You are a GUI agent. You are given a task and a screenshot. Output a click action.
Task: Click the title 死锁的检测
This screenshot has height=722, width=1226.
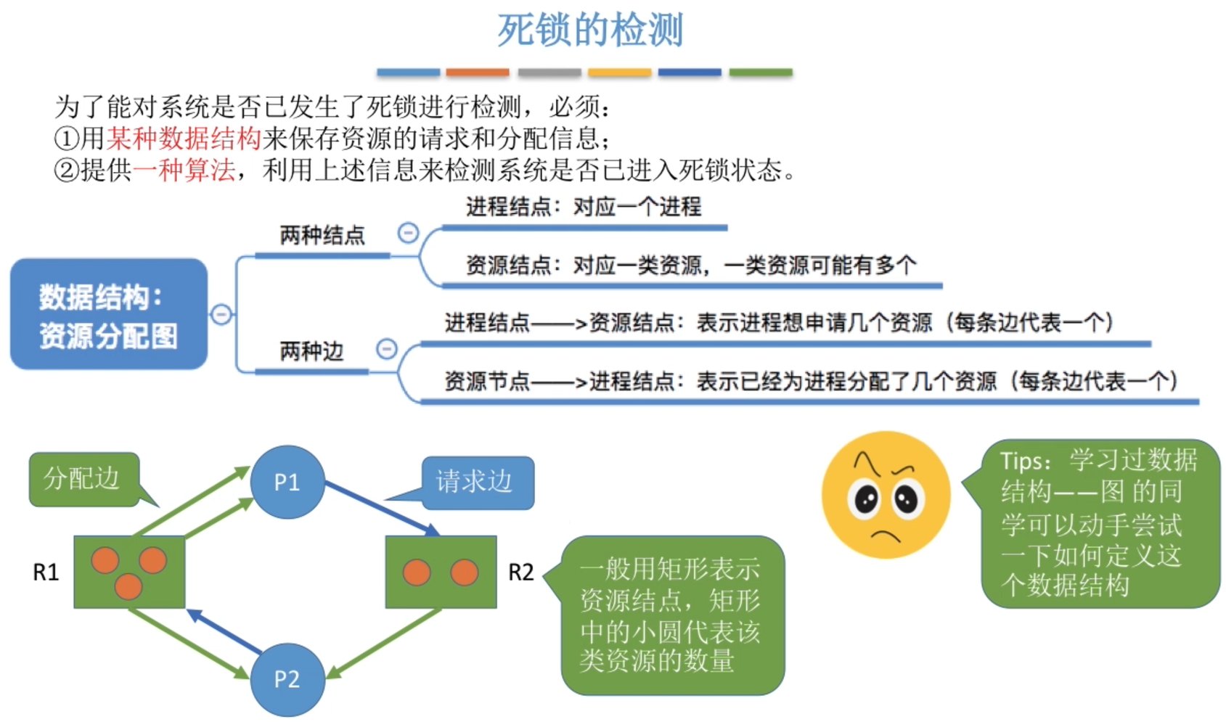point(589,30)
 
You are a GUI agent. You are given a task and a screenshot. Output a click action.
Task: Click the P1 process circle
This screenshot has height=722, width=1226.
point(287,482)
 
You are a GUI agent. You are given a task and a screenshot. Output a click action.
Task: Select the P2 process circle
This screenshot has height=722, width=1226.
point(287,679)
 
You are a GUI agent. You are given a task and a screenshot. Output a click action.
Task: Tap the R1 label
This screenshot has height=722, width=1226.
point(46,572)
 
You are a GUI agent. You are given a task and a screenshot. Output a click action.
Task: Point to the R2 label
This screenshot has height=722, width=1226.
point(520,572)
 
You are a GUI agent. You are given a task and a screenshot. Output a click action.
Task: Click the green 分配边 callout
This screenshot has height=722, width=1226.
point(83,479)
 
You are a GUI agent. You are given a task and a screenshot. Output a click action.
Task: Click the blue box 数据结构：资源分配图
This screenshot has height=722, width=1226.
point(109,314)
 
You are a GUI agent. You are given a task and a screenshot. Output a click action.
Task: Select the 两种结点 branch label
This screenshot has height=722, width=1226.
point(322,235)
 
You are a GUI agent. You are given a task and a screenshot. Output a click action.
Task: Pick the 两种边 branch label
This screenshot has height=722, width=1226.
point(311,351)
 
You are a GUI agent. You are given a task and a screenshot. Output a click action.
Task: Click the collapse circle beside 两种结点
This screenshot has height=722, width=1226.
point(409,233)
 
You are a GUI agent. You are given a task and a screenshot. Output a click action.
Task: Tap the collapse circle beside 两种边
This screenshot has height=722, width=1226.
point(387,349)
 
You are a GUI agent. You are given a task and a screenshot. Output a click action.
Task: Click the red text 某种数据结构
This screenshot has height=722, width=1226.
point(184,138)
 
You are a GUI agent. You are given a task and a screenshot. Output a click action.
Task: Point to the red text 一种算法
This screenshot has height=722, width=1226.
point(184,170)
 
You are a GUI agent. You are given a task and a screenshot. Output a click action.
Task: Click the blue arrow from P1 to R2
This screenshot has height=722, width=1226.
point(381,508)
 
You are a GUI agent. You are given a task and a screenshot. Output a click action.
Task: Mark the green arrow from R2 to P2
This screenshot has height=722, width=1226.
point(385,642)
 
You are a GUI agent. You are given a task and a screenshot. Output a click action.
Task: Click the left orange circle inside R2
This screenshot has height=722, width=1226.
point(417,573)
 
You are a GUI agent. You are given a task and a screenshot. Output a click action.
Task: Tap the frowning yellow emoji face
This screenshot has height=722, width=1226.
point(886,495)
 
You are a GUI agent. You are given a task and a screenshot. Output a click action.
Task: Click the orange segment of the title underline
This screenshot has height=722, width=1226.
point(478,73)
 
